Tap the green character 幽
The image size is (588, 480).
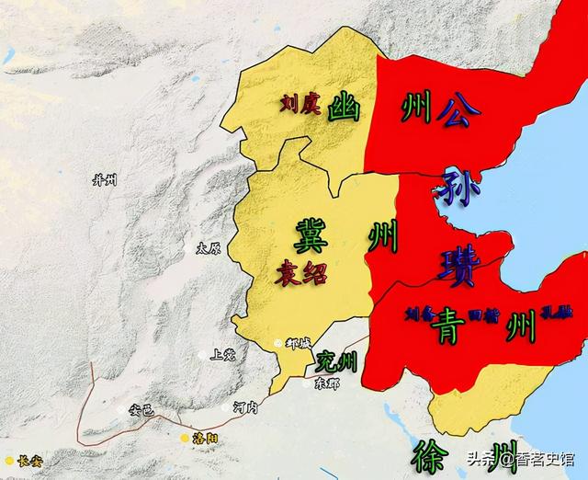click(x=345, y=107)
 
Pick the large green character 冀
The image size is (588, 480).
click(x=311, y=237)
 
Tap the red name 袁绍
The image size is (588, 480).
click(x=300, y=271)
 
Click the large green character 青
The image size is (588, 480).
click(x=450, y=327)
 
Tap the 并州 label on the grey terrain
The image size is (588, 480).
click(x=104, y=179)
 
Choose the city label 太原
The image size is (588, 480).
click(x=209, y=248)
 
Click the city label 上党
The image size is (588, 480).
click(x=224, y=353)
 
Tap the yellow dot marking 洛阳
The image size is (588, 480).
click(x=184, y=437)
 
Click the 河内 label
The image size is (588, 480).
click(x=247, y=406)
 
